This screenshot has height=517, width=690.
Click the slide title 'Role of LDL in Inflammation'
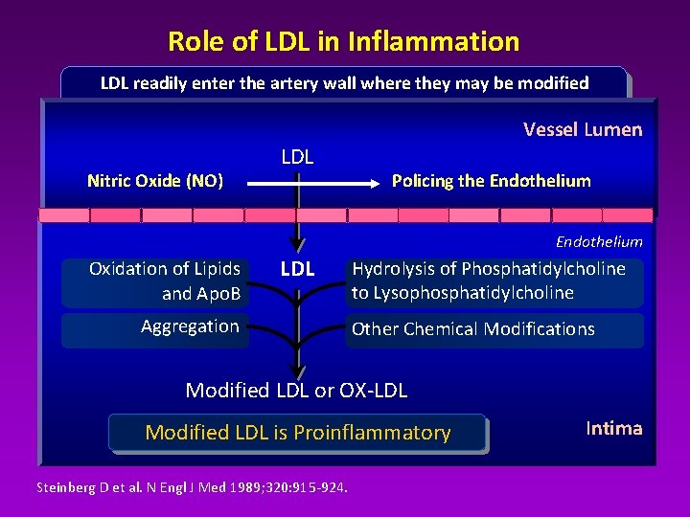pyautogui.click(x=343, y=41)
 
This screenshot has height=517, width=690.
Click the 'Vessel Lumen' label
pyautogui.click(x=582, y=129)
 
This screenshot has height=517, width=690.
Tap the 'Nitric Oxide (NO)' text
pyautogui.click(x=154, y=180)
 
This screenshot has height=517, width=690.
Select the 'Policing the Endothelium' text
pyautogui.click(x=491, y=180)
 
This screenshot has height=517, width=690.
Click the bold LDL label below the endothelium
pyautogui.click(x=297, y=269)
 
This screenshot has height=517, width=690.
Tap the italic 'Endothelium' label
pyautogui.click(x=598, y=241)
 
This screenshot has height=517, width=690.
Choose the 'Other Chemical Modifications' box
pyautogui.click(x=493, y=329)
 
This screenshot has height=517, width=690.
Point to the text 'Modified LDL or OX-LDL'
pyautogui.click(x=296, y=390)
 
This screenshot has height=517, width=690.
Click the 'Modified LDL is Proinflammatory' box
pyautogui.click(x=298, y=433)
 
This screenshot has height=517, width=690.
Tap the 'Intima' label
pyautogui.click(x=613, y=428)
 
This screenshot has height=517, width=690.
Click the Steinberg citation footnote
pyautogui.click(x=192, y=487)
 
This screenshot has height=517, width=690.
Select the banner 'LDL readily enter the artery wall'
pyautogui.click(x=344, y=82)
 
